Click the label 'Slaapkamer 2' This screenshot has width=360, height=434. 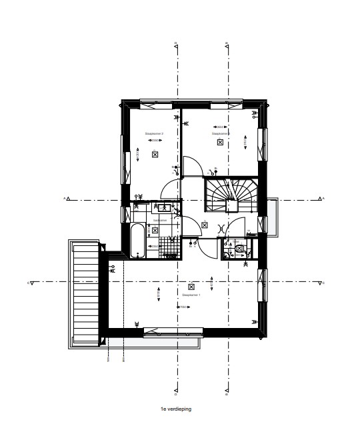click(x=154, y=133)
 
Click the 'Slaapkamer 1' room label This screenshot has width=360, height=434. click(x=191, y=293)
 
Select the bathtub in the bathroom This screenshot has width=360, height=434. click(x=137, y=241)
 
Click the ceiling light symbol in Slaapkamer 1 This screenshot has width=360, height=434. click(x=191, y=286)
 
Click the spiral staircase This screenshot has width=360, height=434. click(x=229, y=194)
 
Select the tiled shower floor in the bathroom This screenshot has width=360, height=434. click(x=171, y=246)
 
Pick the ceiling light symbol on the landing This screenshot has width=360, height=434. click(x=205, y=225)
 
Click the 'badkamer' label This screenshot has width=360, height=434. click(x=159, y=219)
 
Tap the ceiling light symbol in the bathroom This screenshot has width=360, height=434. click(x=155, y=230)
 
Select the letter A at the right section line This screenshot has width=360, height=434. click(x=323, y=198)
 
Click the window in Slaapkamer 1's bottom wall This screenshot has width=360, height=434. click(x=172, y=329)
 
